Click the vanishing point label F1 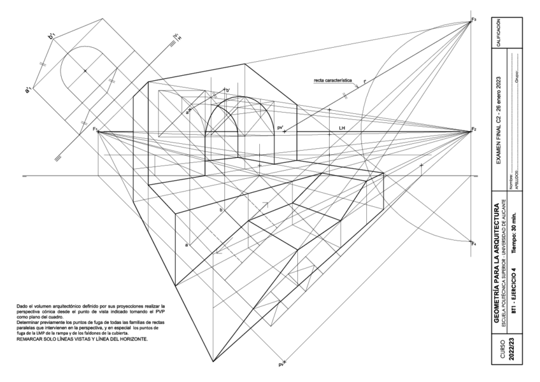(x=95, y=130)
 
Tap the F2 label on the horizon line (x=474, y=130)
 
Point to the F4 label (x=474, y=243)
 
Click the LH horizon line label (x=342, y=128)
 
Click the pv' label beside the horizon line (x=280, y=128)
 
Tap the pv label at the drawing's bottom (x=280, y=365)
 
